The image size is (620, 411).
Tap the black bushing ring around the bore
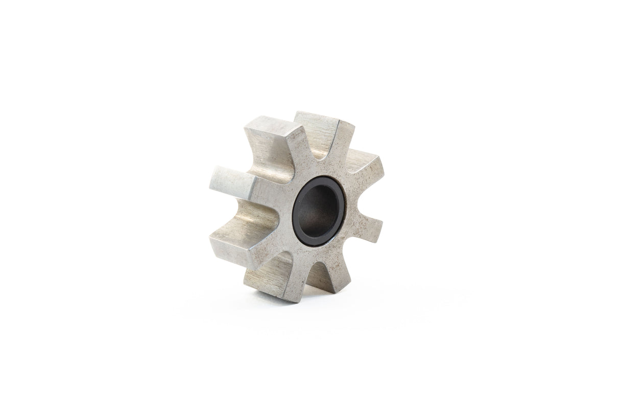299,225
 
